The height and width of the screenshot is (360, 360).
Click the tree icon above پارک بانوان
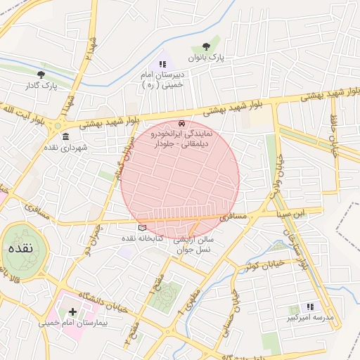click(205, 46)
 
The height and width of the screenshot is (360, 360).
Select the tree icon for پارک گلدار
click(41, 74)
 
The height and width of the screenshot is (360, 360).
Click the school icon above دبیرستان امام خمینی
click(162, 64)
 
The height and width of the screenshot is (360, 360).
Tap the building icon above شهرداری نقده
click(65, 136)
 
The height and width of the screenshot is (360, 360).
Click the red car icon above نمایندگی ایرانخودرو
click(183, 122)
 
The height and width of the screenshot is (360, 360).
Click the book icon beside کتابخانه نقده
click(142, 227)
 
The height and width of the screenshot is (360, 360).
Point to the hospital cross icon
click(72, 311)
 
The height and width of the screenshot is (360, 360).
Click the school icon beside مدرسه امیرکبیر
click(310, 307)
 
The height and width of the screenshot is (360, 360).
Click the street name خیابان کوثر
click(264, 266)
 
